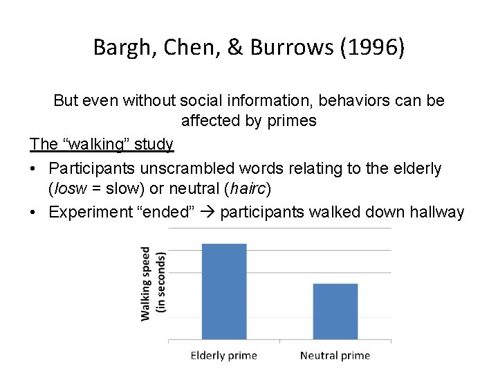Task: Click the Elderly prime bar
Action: click(223, 291)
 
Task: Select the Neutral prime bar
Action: click(335, 312)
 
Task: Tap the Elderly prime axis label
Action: click(223, 356)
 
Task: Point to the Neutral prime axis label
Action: click(335, 356)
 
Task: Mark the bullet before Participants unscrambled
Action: click(35, 168)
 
